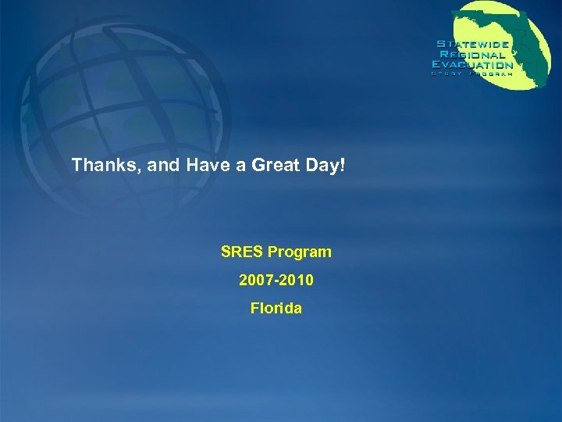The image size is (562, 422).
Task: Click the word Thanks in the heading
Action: (97, 166)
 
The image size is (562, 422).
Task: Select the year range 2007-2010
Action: (276, 281)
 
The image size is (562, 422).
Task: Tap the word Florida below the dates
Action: (276, 309)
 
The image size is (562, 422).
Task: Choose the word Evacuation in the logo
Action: (473, 65)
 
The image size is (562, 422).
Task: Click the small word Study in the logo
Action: (448, 74)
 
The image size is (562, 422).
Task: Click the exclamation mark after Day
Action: (340, 166)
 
